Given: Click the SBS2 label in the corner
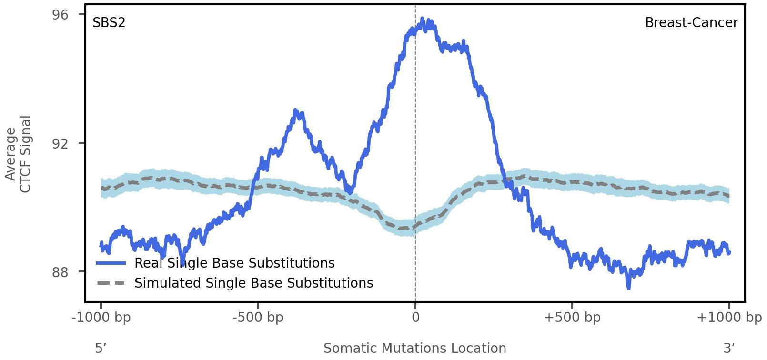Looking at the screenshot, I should [x=109, y=23].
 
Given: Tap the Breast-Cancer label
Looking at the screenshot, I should [x=691, y=23].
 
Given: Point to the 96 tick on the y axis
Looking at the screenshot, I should [x=61, y=15].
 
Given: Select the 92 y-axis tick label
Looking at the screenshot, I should [x=61, y=143].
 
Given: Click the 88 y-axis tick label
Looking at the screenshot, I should [x=61, y=272].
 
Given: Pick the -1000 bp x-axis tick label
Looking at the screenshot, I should [x=101, y=318].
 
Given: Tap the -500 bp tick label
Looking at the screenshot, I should [x=258, y=318].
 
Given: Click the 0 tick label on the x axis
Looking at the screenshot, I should [x=415, y=318].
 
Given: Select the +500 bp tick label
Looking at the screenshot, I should [x=572, y=318].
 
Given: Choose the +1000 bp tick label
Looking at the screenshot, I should [x=729, y=318].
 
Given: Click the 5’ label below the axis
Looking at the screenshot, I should [x=101, y=349].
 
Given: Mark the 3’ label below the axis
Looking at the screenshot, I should [x=729, y=349].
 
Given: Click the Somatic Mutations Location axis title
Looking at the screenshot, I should [x=414, y=349].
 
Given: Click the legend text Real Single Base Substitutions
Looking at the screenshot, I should [x=234, y=263].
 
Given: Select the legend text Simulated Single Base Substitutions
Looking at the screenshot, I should [x=253, y=283].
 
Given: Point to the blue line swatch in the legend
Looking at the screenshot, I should [x=111, y=263].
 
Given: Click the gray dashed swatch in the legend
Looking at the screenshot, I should [x=111, y=283].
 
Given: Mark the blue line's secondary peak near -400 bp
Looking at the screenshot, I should [x=296, y=111].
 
